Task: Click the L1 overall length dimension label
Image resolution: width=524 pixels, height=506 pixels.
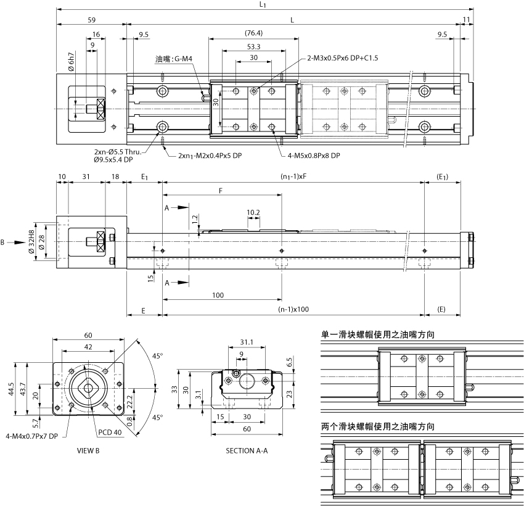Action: pyautogui.click(x=263, y=5)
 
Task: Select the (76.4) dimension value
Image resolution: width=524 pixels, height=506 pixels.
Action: pyautogui.click(x=253, y=33)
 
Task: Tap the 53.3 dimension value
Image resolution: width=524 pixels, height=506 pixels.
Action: pyautogui.click(x=253, y=46)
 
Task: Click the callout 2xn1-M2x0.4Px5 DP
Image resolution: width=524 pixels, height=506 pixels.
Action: pyautogui.click(x=210, y=156)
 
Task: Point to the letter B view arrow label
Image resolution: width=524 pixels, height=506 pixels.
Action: pyautogui.click(x=4, y=243)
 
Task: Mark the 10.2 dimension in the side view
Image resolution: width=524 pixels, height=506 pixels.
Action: pyautogui.click(x=253, y=213)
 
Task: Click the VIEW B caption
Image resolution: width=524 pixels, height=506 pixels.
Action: pyautogui.click(x=88, y=450)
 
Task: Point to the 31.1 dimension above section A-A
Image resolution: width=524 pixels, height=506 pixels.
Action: pyautogui.click(x=246, y=342)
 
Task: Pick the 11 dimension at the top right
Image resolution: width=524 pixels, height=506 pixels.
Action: pyautogui.click(x=466, y=20)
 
